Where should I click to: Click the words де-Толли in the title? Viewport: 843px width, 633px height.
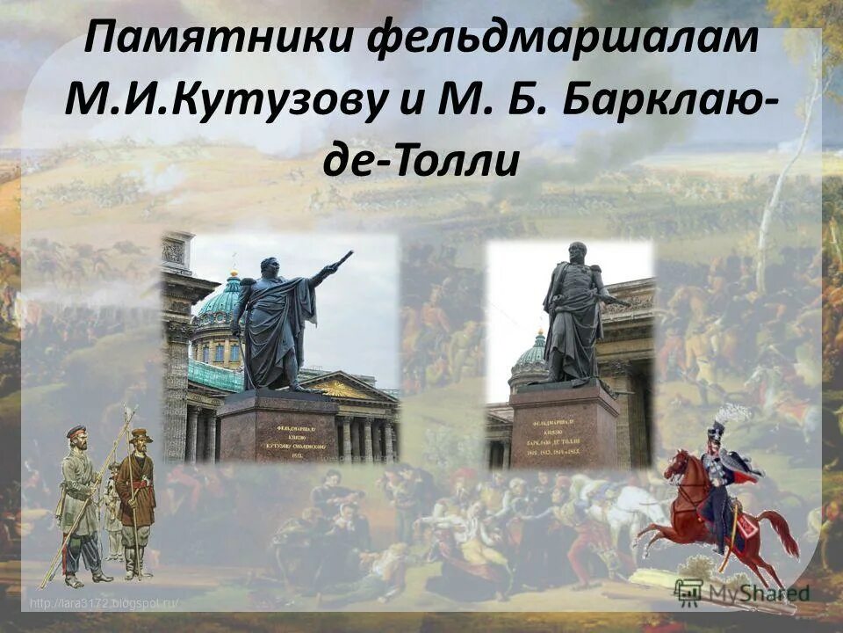click(x=421, y=164)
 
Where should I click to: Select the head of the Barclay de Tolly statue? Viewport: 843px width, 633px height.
click(x=576, y=253)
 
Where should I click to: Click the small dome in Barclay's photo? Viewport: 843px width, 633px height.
click(x=530, y=354)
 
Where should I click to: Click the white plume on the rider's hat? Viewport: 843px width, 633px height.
click(x=732, y=413)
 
